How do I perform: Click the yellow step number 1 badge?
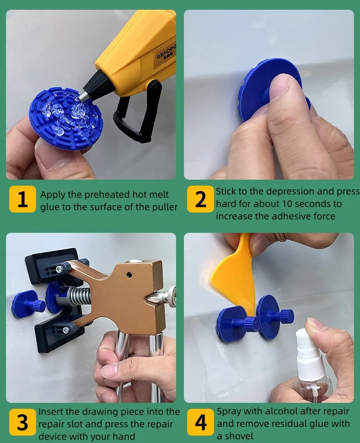tap(23, 199)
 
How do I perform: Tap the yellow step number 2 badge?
tap(201, 199)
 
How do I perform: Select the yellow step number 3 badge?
tap(23, 422)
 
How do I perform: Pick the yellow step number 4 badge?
tap(201, 422)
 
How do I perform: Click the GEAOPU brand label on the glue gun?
tap(166, 53)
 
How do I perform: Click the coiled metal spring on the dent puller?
tap(79, 296)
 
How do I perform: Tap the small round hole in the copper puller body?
tap(129, 274)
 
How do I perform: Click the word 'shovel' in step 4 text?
tap(239, 436)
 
